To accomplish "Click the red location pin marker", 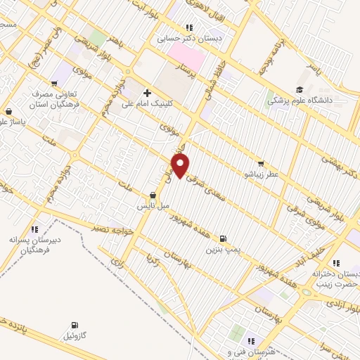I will point(181,166).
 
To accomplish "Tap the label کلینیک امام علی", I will point(147,103).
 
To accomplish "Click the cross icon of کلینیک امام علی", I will point(147,92).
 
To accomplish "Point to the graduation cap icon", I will point(300,89).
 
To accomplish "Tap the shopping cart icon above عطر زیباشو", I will point(261,163).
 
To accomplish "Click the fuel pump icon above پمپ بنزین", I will point(224,239).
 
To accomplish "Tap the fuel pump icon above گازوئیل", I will point(74,325).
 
